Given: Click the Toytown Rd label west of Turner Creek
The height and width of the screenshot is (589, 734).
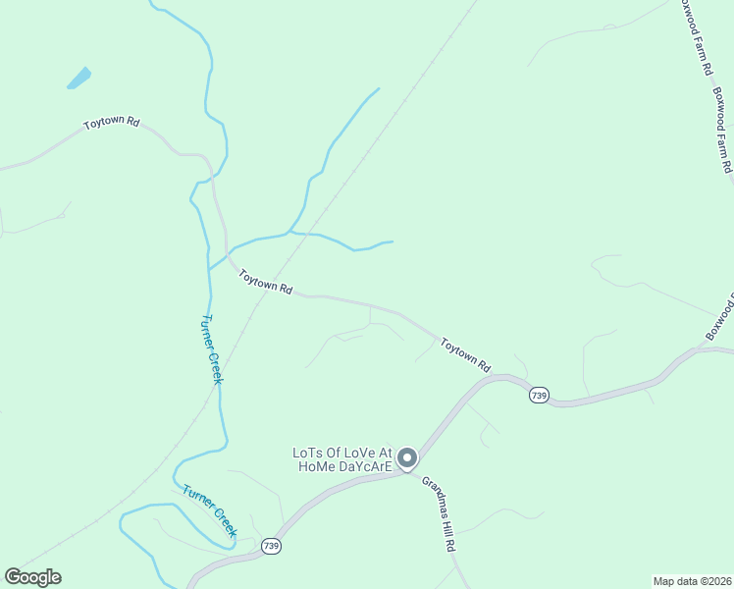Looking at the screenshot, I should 111,124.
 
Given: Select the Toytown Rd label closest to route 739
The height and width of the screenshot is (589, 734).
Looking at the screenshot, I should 465,354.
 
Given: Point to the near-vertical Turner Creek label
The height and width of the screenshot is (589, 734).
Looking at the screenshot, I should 212,348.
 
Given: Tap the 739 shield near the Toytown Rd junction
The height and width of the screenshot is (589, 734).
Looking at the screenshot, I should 538,395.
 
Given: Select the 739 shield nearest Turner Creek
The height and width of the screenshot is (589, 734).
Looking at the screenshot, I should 272,546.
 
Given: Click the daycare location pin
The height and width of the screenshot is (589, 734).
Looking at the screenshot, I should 407,457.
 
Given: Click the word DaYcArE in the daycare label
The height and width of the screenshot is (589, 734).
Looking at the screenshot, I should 366,466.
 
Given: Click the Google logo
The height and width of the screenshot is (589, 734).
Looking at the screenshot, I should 32,577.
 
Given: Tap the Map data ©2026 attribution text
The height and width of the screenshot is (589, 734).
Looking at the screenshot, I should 691,581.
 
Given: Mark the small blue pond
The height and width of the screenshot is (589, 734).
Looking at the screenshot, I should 79,78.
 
